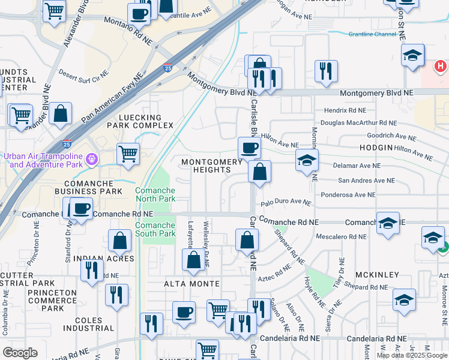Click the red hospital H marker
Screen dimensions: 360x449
[x=441, y=65]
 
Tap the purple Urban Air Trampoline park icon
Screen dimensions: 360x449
[x=91, y=160]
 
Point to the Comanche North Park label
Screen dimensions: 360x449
[x=155, y=194]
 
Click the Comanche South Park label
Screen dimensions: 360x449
[x=155, y=229]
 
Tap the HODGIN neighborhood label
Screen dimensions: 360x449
[x=376, y=147]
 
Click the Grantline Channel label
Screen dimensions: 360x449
[x=372, y=35]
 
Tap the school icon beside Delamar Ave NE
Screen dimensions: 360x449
[x=306, y=160]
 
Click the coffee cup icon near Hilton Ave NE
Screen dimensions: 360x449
[x=249, y=148]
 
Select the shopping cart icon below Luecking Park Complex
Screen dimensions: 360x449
[x=128, y=154]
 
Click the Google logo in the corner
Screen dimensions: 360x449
[x=20, y=353]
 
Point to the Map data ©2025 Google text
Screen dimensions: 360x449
[x=411, y=355]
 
